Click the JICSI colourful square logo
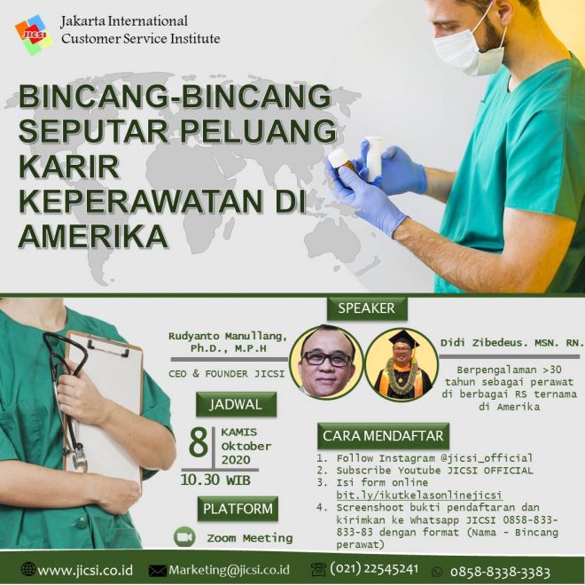click(x=34, y=35)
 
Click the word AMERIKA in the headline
click(x=93, y=236)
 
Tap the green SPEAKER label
click(x=367, y=308)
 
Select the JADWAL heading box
click(x=236, y=404)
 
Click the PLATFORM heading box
click(x=238, y=509)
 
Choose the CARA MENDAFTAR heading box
click(x=383, y=435)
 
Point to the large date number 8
click(x=199, y=443)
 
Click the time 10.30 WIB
click(x=215, y=480)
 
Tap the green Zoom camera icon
click(x=184, y=537)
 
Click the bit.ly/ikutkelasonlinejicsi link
click(x=419, y=495)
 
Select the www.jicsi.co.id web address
click(x=85, y=570)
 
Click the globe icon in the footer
click(x=28, y=569)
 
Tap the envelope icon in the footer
click(x=158, y=571)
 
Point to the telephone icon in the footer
click(x=318, y=570)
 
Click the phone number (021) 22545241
click(x=374, y=569)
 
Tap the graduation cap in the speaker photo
click(x=403, y=339)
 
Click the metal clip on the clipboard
click(x=108, y=346)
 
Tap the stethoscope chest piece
click(x=79, y=460)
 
